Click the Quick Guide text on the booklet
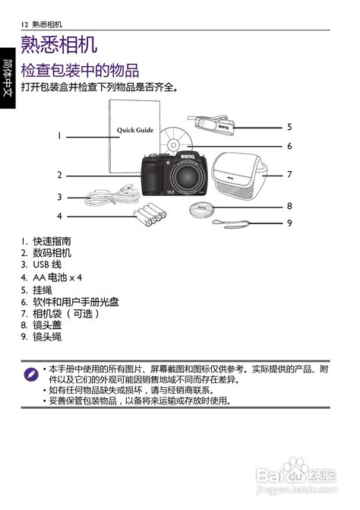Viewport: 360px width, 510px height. pyautogui.click(x=135, y=130)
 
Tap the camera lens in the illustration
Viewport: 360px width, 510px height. pyautogui.click(x=186, y=176)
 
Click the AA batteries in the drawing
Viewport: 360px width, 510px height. pyautogui.click(x=150, y=214)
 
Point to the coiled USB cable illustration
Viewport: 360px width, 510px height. pyautogui.click(x=112, y=196)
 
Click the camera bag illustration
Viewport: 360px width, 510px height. pyautogui.click(x=239, y=176)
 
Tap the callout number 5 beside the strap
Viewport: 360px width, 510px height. pyautogui.click(x=289, y=127)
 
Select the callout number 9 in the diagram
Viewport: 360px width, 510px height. pyautogui.click(x=289, y=223)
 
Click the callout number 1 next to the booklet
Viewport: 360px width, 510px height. pyautogui.click(x=59, y=135)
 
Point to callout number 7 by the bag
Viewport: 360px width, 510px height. pyautogui.click(x=289, y=175)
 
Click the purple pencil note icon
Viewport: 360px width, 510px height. pyautogui.click(x=31, y=375)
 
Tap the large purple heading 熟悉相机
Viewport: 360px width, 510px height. pyautogui.click(x=58, y=44)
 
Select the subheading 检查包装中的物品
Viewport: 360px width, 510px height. pyautogui.click(x=80, y=70)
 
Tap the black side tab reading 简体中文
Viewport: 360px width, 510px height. pyautogui.click(x=8, y=78)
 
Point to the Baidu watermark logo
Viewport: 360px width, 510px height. pyautogui.click(x=296, y=476)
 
